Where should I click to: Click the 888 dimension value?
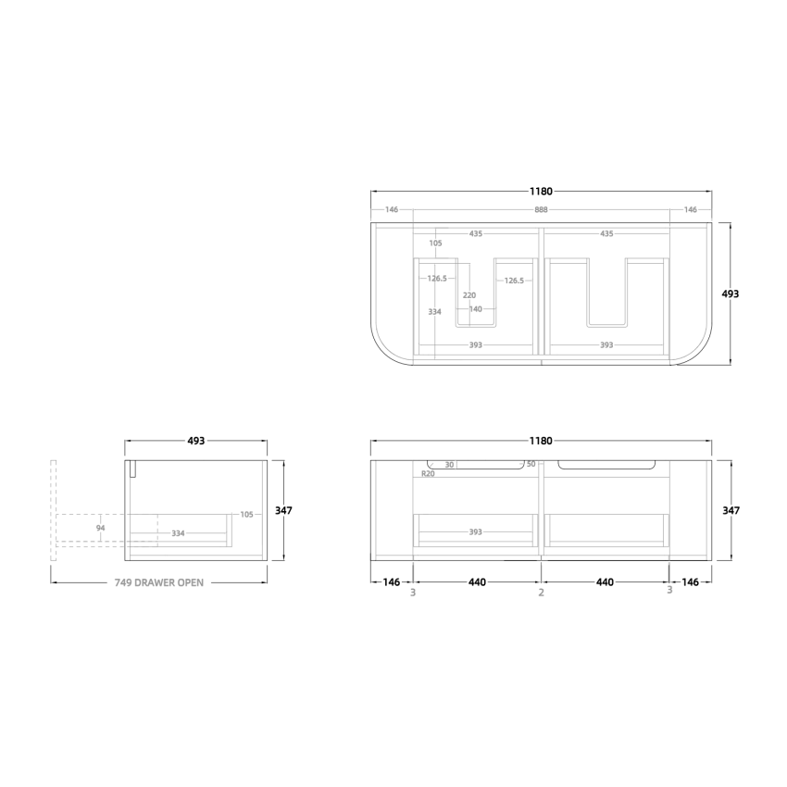541,210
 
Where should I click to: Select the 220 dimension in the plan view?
469,295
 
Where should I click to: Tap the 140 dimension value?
475,309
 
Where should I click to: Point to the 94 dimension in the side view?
101,529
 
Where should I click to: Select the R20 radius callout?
428,473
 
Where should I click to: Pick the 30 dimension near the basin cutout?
449,465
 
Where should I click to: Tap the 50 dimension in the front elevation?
531,464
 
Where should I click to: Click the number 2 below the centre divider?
541,593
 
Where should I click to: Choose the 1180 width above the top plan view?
541,192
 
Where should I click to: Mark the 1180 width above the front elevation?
541,441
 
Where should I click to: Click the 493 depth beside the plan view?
731,294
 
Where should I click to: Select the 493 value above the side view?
195,441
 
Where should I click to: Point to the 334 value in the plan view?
434,312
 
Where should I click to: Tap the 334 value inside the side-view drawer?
179,533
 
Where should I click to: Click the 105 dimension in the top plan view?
435,244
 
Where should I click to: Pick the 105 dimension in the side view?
246,515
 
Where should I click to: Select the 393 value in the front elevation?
475,532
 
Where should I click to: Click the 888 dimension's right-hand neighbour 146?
691,210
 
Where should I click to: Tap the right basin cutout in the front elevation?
607,465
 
